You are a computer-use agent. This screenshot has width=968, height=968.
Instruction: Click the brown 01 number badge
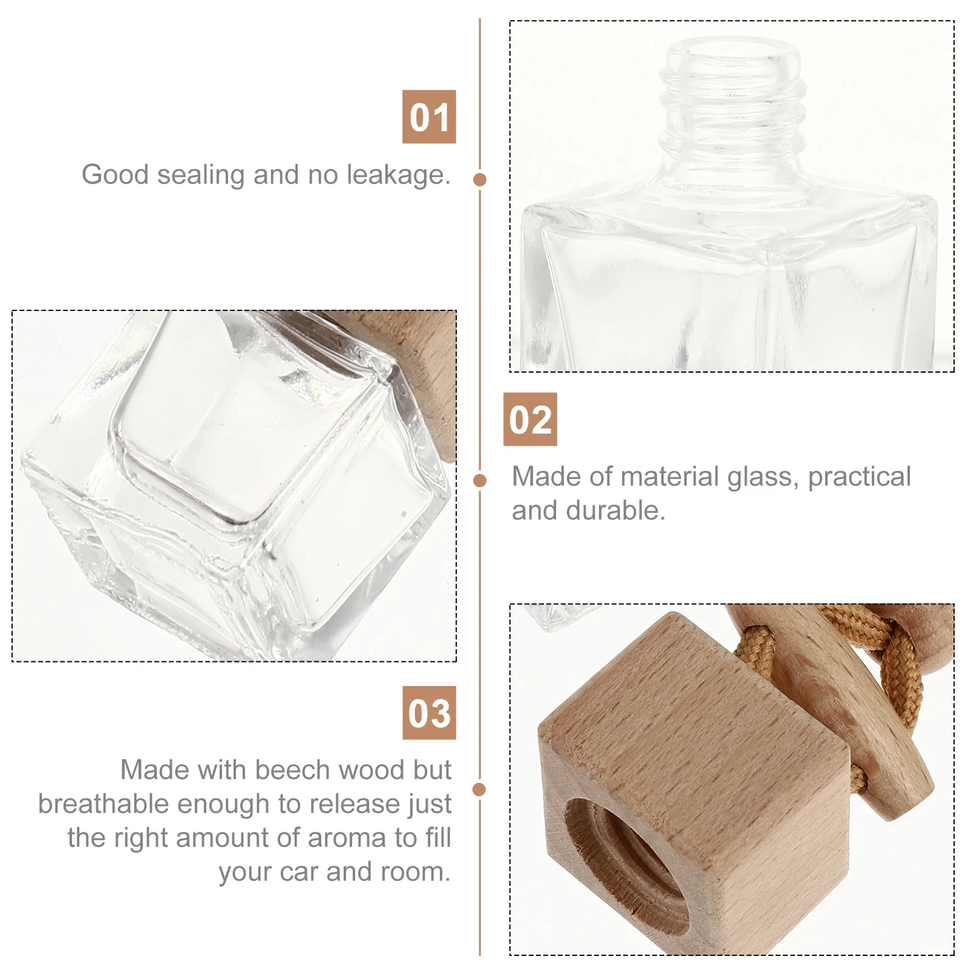click(x=429, y=117)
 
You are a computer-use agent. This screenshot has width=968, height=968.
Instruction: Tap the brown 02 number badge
click(x=530, y=419)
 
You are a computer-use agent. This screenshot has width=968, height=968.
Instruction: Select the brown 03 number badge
click(x=429, y=713)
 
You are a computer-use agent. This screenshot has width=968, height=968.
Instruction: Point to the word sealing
click(x=201, y=175)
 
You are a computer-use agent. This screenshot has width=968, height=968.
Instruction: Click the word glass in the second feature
click(x=764, y=477)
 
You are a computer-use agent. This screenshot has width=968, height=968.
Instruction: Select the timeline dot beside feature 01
click(x=480, y=180)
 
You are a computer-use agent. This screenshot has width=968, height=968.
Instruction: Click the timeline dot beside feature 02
click(x=480, y=480)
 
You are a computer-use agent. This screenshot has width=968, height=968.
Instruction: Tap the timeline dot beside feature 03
click(x=480, y=789)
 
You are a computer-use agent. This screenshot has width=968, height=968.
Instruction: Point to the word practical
click(x=859, y=477)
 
